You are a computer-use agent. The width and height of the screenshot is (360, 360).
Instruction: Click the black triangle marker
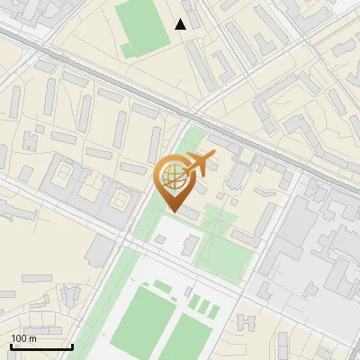[x=181, y=24]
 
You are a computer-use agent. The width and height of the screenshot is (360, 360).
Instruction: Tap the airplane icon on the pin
[x=200, y=164]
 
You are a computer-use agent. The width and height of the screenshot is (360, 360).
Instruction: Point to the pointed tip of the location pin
[x=172, y=211]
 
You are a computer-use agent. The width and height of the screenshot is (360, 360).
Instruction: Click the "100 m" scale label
[x=23, y=338]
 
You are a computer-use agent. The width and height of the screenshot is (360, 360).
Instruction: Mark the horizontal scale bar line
[x=40, y=346]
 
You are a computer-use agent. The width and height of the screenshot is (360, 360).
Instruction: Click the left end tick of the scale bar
[x=10, y=345]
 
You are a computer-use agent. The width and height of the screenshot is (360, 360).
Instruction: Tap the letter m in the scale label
[x=32, y=338]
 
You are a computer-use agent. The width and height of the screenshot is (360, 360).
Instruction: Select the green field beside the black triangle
[x=144, y=26]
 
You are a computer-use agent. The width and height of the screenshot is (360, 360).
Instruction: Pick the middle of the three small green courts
[x=204, y=306]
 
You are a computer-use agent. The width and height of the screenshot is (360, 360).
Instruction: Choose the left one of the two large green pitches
[x=139, y=319]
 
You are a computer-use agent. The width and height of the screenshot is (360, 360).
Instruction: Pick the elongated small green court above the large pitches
[x=162, y=286]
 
